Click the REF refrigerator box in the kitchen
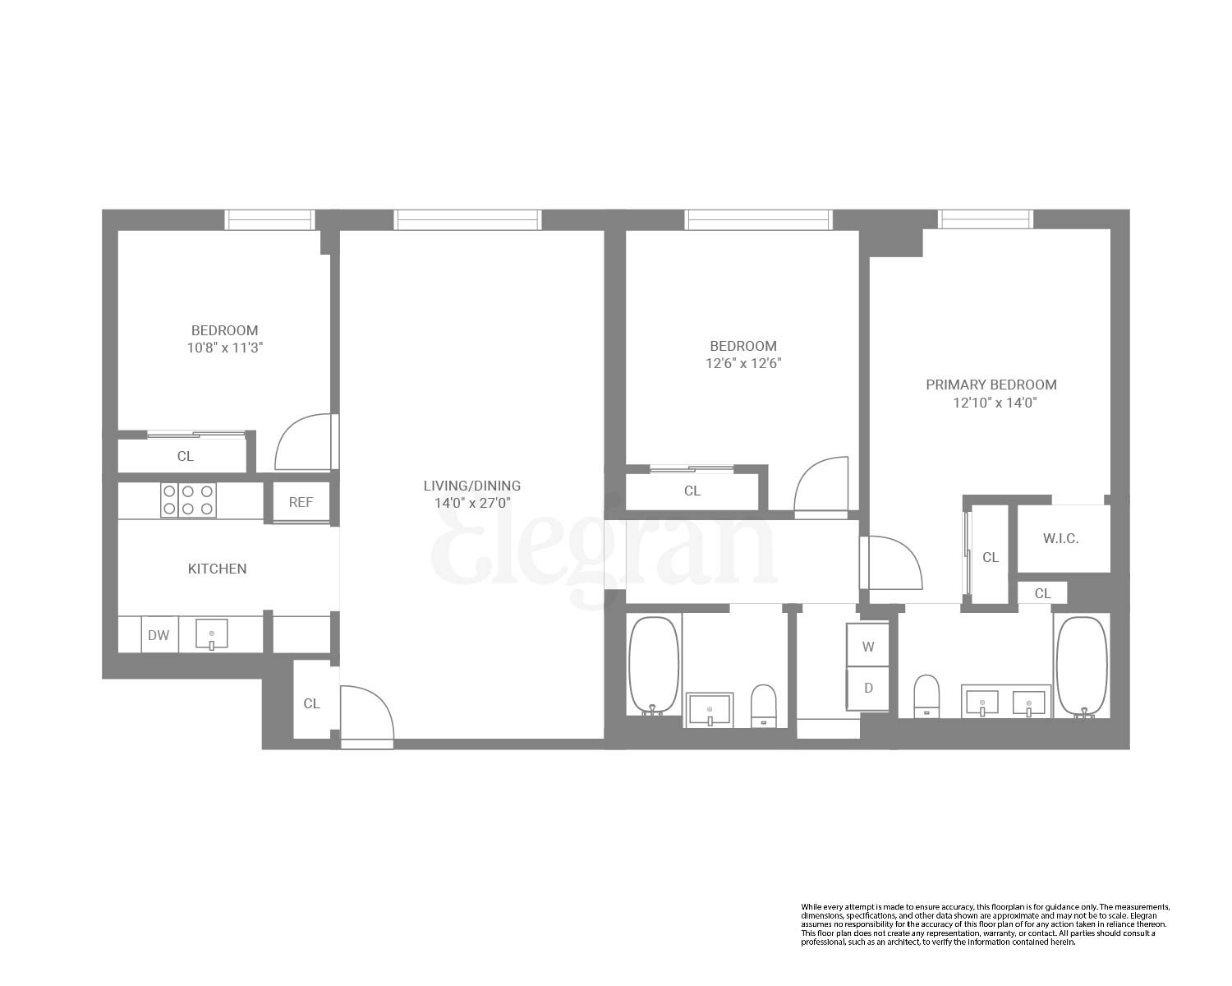301,502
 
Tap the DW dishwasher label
159,635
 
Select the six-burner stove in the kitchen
188,500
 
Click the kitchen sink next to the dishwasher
211,634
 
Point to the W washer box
868,647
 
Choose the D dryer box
868,689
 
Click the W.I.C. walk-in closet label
1060,539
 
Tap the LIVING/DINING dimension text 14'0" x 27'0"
471,504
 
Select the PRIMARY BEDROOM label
991,385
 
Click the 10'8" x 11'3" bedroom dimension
224,348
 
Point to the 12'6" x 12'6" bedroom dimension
742,363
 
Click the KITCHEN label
217,569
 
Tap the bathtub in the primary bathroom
1082,666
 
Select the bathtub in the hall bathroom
654,665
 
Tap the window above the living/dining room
467,219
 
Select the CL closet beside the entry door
311,703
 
